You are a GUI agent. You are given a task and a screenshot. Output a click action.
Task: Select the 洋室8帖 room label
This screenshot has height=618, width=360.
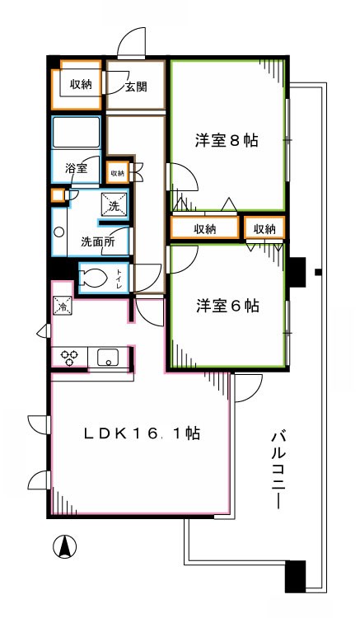(227, 140)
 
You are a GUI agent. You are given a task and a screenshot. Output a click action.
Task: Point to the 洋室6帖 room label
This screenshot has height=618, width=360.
(227, 306)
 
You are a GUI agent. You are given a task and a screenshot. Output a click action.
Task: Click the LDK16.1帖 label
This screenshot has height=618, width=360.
(143, 433)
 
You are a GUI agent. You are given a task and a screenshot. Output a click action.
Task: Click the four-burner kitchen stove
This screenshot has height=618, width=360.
(68, 358)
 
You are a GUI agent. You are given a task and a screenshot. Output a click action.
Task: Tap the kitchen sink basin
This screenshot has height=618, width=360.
(107, 358)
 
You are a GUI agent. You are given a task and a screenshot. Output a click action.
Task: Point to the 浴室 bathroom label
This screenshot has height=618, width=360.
(77, 170)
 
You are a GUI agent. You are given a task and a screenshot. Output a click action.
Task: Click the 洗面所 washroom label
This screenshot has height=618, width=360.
(97, 242)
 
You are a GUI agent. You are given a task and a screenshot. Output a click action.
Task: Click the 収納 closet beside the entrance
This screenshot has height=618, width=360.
(80, 84)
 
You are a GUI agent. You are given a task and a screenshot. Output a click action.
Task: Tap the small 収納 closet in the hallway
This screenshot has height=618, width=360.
(117, 173)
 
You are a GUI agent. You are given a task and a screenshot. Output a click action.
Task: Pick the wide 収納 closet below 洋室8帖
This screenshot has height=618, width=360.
(205, 228)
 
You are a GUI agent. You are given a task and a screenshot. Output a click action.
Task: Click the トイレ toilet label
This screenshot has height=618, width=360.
(120, 278)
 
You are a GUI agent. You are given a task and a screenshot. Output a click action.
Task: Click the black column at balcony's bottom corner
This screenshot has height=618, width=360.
(295, 576)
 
